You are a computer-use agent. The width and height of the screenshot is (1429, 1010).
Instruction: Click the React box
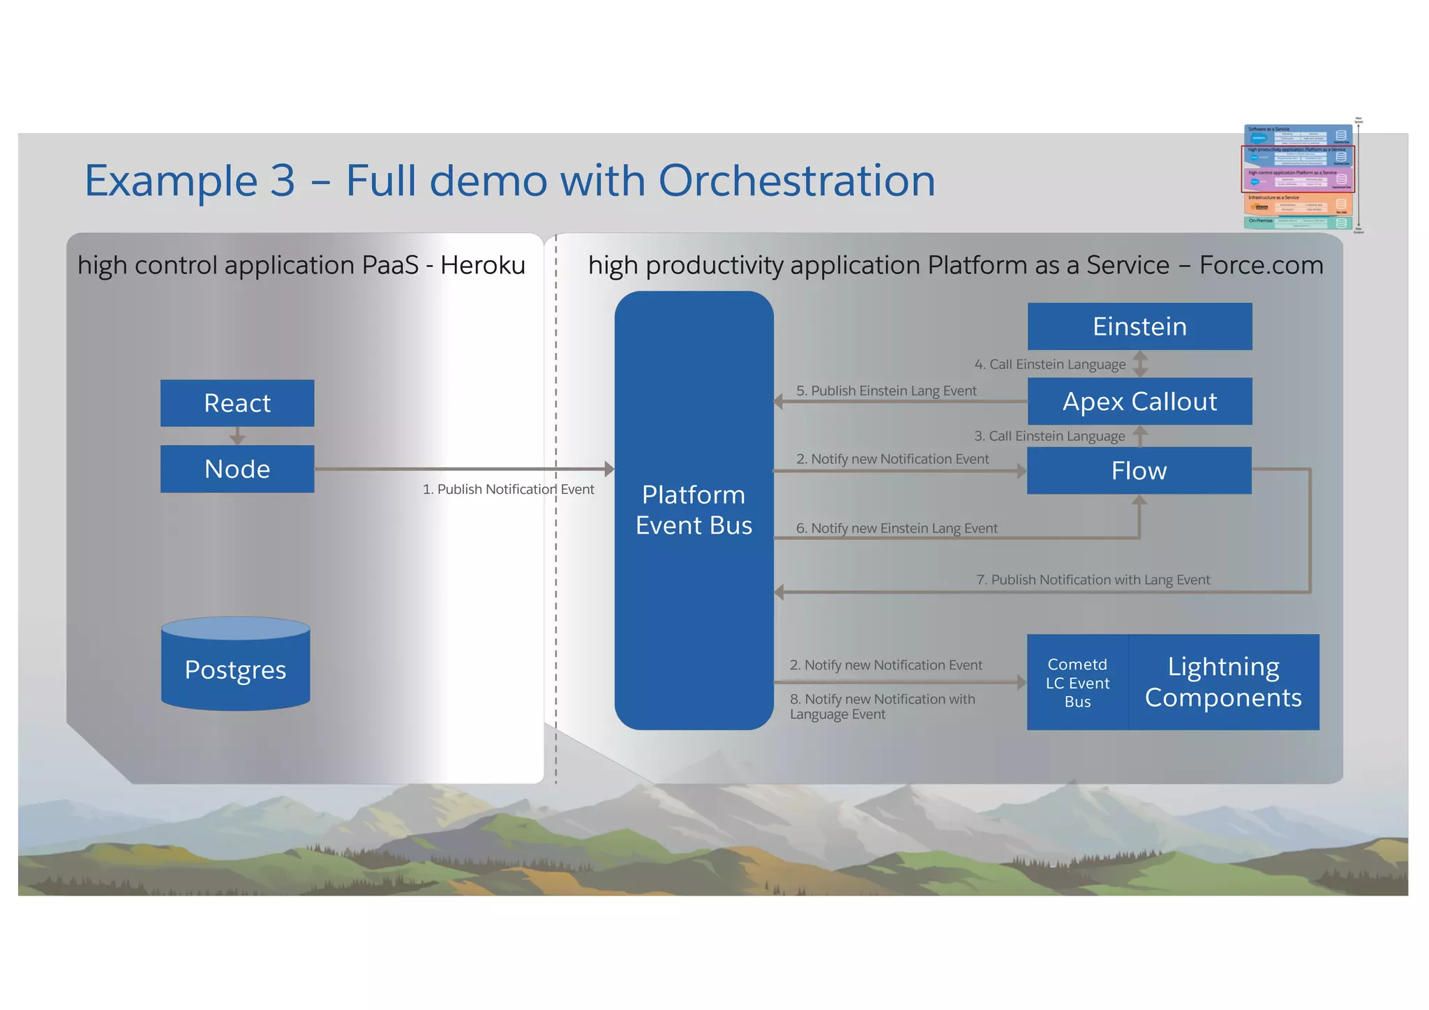coord(237,403)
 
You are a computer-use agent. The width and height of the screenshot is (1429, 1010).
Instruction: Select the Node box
coord(237,469)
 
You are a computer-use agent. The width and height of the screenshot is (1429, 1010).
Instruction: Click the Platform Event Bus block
coord(694,510)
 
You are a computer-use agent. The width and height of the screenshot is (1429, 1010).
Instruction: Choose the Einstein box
coord(1139,326)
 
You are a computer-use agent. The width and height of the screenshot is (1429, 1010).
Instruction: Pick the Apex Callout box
coord(1139,402)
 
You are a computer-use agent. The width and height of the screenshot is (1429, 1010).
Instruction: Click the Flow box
coord(1139,471)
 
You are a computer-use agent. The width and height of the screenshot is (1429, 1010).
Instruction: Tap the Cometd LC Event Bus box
coord(1077,683)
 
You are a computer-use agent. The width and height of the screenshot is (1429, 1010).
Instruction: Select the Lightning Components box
coord(1223,682)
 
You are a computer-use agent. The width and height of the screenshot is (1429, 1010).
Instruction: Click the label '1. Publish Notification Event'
coord(508,490)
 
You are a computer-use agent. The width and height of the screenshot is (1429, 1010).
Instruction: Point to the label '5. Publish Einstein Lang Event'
coord(886,391)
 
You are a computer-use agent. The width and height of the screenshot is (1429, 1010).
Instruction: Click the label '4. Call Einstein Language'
coord(1049,364)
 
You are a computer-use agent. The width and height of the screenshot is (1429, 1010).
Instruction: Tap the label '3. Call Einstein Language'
coord(1049,436)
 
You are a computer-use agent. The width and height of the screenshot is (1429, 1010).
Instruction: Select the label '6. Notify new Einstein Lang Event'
coord(897,528)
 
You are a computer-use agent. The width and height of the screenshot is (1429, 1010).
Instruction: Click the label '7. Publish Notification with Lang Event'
coord(1093,580)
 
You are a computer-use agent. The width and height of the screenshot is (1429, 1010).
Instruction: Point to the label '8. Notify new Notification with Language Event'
coord(882,706)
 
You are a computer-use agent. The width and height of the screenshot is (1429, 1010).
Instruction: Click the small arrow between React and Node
coord(237,437)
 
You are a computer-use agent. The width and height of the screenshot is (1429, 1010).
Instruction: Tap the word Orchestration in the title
coord(796,181)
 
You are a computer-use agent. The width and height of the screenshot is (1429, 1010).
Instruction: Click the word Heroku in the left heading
coord(482,265)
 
